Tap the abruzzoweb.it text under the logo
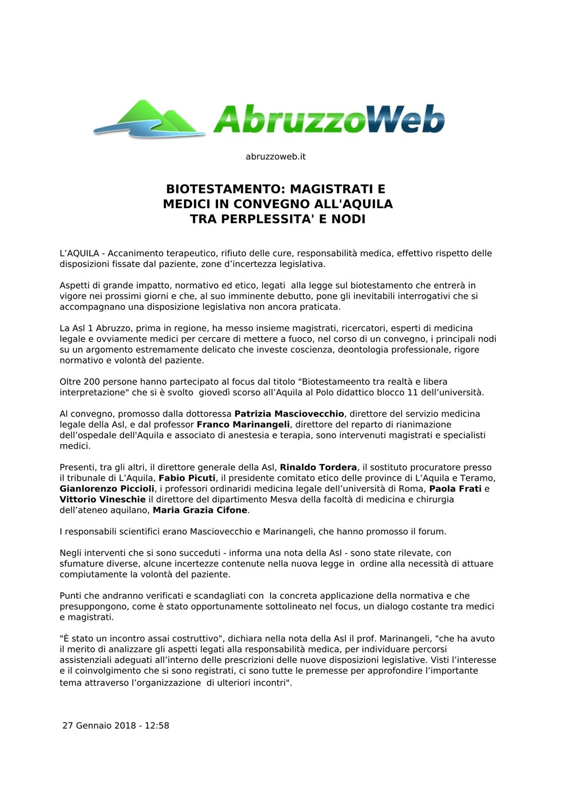[275, 157]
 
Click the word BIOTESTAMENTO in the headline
[225, 189]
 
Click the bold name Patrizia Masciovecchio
[289, 414]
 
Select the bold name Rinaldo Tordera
[318, 467]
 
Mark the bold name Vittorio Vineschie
[102, 499]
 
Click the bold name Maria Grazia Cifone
[200, 510]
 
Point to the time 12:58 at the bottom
[157, 725]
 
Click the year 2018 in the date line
[125, 725]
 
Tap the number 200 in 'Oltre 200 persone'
[94, 382]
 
